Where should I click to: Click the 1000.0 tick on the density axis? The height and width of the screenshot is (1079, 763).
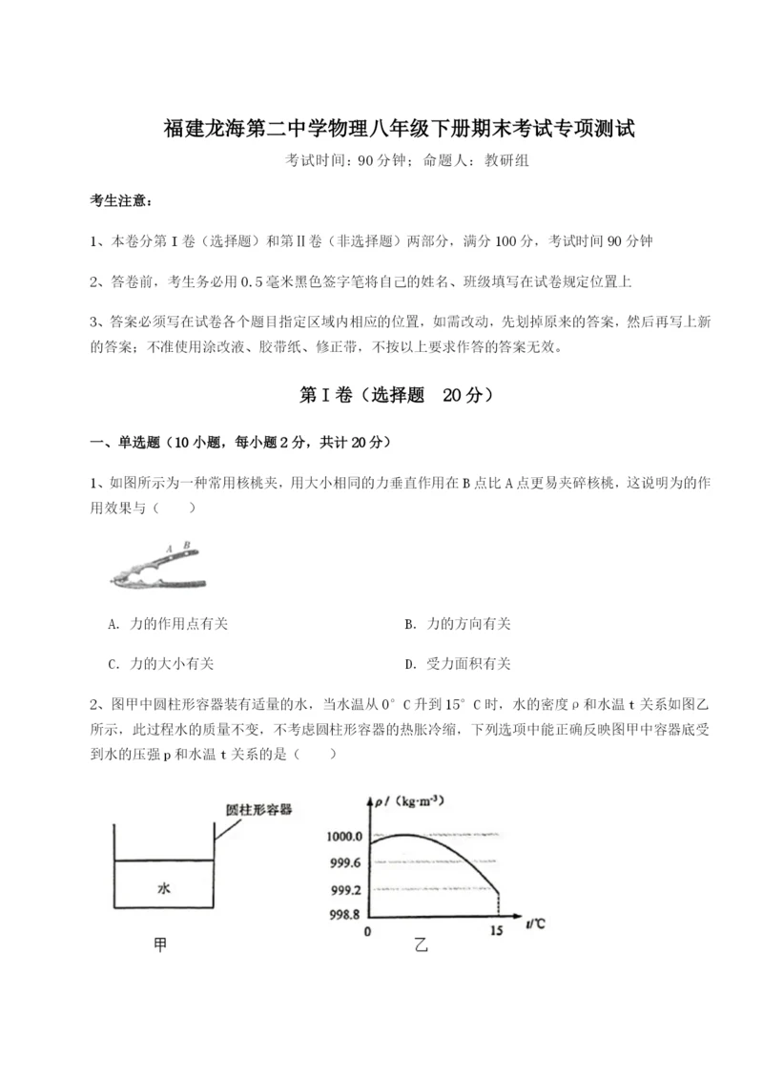pos(344,837)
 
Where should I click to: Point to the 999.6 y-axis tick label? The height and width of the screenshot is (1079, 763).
pos(344,862)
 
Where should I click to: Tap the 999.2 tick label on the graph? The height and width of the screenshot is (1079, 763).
pos(344,889)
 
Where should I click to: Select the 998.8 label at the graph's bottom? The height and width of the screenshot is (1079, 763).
pos(344,914)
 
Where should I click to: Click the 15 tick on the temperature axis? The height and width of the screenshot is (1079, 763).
pos(496,930)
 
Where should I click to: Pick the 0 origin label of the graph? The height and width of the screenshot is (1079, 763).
pos(367,930)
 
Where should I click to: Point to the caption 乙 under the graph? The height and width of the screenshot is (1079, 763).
pos(422,946)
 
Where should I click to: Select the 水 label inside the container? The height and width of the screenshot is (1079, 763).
pos(163,887)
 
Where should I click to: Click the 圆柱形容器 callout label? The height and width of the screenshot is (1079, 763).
pos(258,808)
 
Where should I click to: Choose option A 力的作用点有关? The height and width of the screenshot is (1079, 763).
pos(168,624)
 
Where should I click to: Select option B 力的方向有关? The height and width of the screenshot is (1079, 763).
pos(457,624)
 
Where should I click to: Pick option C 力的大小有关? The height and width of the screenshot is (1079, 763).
pos(168,664)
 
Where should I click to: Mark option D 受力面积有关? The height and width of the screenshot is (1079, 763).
pos(457,664)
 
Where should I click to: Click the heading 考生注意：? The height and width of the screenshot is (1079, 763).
pos(120,201)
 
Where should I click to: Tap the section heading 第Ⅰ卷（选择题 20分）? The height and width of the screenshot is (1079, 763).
pos(381,395)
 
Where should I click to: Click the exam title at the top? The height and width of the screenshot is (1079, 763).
pos(381,128)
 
